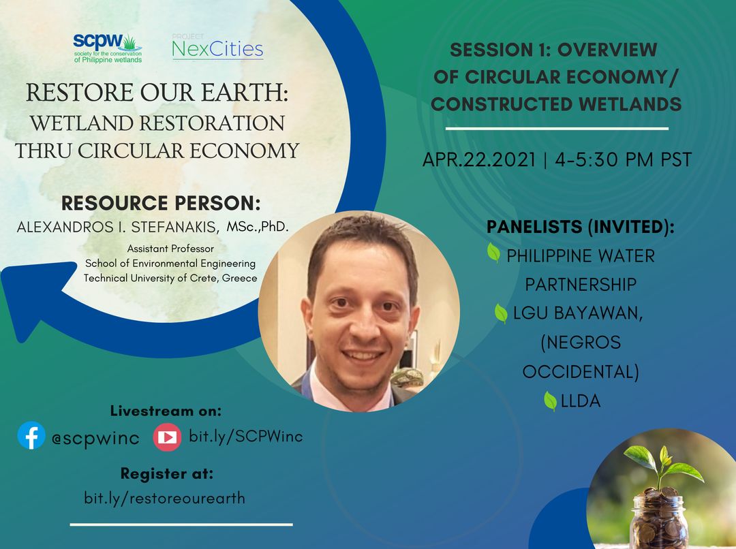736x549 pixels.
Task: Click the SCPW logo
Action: click(x=108, y=48)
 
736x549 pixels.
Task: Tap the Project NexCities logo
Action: click(x=217, y=46)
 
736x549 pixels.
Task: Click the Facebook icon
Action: click(x=31, y=435)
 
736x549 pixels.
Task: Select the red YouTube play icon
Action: click(x=167, y=437)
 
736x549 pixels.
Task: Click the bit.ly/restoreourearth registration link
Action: click(x=165, y=497)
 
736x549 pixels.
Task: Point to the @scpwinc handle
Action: click(x=95, y=438)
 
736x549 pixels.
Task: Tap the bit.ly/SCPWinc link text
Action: click(x=245, y=436)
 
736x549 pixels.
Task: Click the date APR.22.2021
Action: click(x=479, y=159)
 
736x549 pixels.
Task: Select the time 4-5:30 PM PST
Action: click(x=624, y=159)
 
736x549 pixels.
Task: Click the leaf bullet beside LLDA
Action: click(x=550, y=401)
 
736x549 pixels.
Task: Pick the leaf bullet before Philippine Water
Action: click(x=493, y=253)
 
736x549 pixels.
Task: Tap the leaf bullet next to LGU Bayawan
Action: click(x=501, y=313)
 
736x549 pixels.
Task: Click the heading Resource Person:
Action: click(x=161, y=203)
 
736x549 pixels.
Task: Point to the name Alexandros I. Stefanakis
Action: click(x=118, y=227)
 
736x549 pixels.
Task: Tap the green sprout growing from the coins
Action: click(x=663, y=465)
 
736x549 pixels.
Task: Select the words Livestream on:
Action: click(x=166, y=411)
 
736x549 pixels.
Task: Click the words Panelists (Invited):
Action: click(x=580, y=227)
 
